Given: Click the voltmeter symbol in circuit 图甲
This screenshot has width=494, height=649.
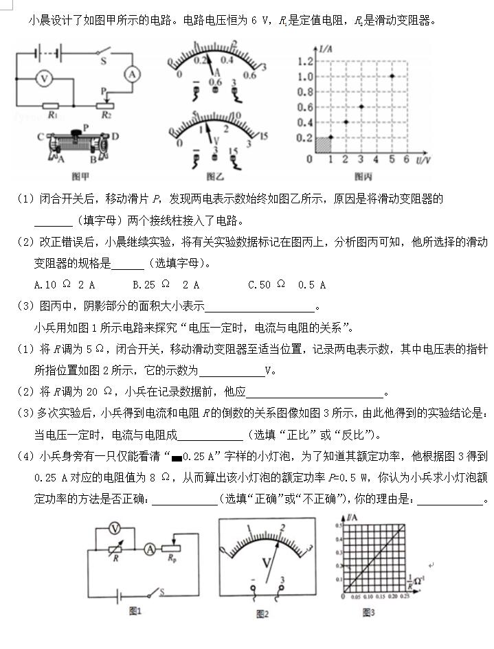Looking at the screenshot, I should tap(44, 79).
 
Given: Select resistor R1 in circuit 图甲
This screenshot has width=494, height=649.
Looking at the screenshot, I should tap(51, 106).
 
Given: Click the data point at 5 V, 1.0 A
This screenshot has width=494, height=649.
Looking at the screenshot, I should tap(392, 76).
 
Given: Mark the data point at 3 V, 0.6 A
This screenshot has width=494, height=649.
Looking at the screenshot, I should tap(361, 106).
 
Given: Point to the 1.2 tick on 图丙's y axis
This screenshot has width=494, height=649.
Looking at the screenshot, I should tap(306, 61).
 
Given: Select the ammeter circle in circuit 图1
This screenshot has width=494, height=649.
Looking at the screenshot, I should tap(149, 549).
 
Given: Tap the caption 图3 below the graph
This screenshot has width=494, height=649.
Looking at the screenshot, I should tap(368, 612).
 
